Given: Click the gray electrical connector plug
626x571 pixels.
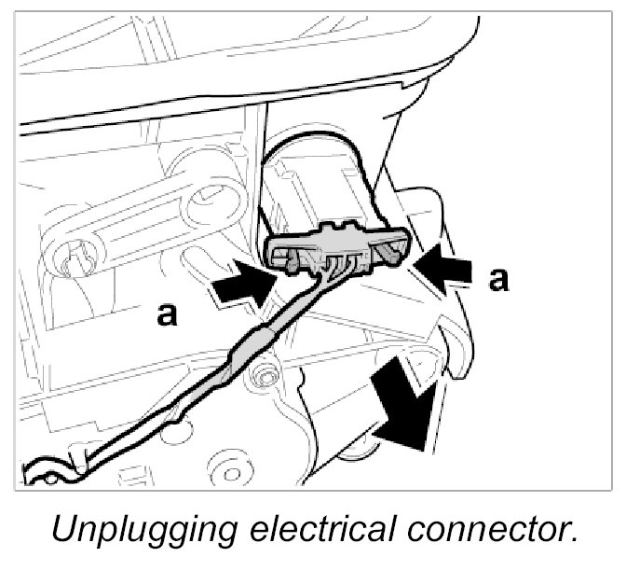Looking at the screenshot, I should (339, 246).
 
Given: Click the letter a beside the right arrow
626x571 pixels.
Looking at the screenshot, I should (500, 278).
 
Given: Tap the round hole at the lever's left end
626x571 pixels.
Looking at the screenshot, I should (75, 256).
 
